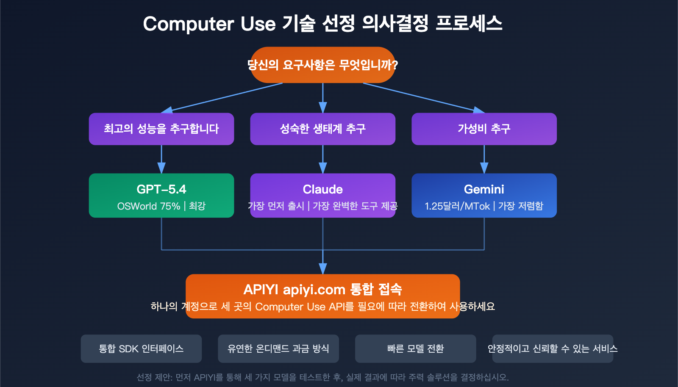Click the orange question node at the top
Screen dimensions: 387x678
pyautogui.click(x=322, y=65)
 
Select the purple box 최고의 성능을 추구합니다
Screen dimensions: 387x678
pyautogui.click(x=161, y=129)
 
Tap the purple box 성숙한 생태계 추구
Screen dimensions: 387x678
pyautogui.click(x=322, y=129)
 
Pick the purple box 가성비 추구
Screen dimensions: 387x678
pyautogui.click(x=484, y=129)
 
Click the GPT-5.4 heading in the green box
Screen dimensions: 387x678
pyautogui.click(x=161, y=189)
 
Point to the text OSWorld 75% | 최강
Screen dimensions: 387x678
pyautogui.click(x=161, y=206)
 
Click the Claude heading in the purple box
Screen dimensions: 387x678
pyautogui.click(x=322, y=189)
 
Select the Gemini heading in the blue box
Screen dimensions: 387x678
pyautogui.click(x=484, y=189)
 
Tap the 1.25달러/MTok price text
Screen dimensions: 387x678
pyautogui.click(x=457, y=206)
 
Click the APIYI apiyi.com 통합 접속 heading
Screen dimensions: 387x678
pyautogui.click(x=322, y=290)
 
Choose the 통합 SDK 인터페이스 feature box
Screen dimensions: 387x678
pyautogui.click(x=141, y=348)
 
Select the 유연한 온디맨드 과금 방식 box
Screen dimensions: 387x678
pyautogui.click(x=278, y=348)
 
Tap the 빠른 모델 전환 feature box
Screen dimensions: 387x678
pyautogui.click(x=415, y=348)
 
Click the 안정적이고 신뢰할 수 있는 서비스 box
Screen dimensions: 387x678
pyautogui.click(x=553, y=348)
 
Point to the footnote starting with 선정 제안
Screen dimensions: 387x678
pyautogui.click(x=322, y=377)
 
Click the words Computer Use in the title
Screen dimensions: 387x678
pyautogui.click(x=209, y=24)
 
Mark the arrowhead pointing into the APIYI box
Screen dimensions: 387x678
pyautogui.click(x=323, y=269)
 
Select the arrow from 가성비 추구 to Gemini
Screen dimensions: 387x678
pyautogui.click(x=484, y=160)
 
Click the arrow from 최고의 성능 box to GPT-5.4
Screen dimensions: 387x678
pyautogui.click(x=161, y=160)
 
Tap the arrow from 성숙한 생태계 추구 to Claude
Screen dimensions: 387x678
pyautogui.click(x=322, y=160)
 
